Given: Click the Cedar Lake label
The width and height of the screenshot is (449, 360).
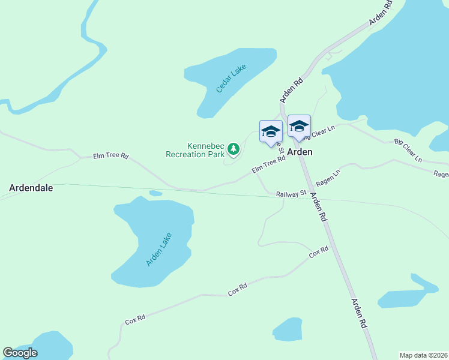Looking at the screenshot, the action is (x=231, y=78).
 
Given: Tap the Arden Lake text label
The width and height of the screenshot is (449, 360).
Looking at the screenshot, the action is (x=158, y=250).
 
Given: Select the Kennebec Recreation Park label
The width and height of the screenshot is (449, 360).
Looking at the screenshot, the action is (x=194, y=149).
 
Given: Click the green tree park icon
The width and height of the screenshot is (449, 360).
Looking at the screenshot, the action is (x=233, y=148).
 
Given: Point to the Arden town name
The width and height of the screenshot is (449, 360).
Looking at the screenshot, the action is (x=300, y=152).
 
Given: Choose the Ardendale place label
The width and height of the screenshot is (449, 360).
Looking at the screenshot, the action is (x=31, y=188).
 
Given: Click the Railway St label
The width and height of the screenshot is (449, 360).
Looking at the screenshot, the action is (x=291, y=193).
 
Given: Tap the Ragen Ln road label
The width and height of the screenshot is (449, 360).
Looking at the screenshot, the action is (x=328, y=177).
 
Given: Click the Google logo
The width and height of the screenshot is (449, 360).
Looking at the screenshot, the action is (x=20, y=353).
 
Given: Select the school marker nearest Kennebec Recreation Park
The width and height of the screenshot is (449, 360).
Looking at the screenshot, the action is (x=271, y=131).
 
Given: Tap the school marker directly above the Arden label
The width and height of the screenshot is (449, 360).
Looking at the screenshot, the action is (x=299, y=127).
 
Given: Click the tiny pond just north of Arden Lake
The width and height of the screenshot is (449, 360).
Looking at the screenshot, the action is (x=155, y=193).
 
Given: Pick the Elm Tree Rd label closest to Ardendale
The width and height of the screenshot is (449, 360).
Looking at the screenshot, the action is (x=111, y=156).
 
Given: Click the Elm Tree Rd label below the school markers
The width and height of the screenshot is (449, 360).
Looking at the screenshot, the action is (x=268, y=166).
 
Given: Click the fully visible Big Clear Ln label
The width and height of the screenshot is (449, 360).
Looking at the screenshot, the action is (x=408, y=151).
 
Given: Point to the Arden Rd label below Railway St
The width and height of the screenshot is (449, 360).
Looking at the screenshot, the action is (x=319, y=208).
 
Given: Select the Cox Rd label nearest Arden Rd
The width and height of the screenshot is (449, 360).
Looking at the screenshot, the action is (x=319, y=252).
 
